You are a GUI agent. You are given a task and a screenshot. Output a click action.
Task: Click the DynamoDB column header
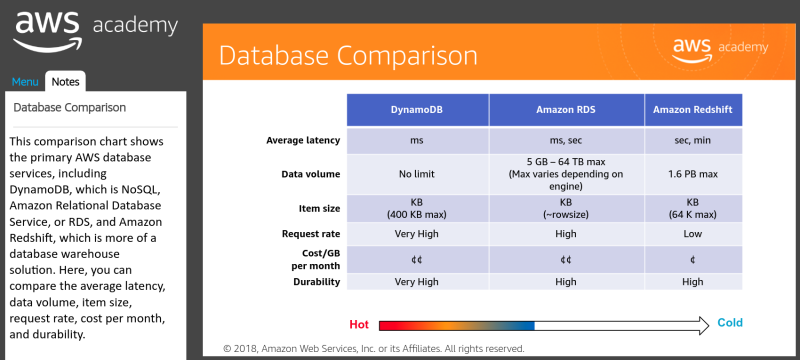(417, 109)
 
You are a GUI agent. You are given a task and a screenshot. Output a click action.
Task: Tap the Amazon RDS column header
(566, 109)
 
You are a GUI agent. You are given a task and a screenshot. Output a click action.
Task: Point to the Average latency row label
(303, 140)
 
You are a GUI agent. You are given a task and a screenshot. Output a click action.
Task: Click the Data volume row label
(311, 174)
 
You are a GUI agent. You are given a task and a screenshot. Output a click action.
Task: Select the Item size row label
(318, 207)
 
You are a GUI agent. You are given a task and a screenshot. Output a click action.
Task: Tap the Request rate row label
(308, 234)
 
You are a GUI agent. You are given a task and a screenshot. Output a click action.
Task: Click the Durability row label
(314, 282)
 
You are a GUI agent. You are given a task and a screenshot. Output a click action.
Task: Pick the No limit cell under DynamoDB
(417, 174)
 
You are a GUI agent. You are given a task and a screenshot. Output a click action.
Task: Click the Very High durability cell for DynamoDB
(417, 282)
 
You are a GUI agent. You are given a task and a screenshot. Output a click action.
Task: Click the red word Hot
(359, 324)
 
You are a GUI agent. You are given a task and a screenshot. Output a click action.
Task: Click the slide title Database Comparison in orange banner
(348, 54)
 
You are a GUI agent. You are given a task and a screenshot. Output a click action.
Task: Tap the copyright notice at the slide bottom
(373, 349)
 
